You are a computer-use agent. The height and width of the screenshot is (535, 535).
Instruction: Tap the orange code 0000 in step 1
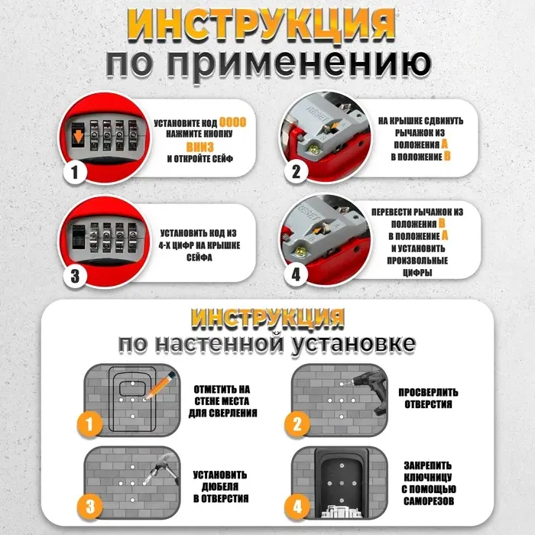233,122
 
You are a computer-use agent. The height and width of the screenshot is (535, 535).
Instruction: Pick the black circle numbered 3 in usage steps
75,275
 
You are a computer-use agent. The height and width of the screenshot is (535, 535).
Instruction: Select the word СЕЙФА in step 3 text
198,258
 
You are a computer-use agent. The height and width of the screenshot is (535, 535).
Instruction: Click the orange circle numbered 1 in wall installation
91,423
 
